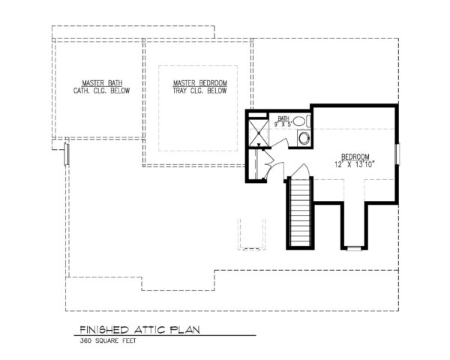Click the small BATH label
[x=283, y=118]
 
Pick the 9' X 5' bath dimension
[x=283, y=124]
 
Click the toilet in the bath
[x=303, y=138]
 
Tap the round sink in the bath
[x=298, y=121]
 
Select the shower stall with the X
[x=259, y=133]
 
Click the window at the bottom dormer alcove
[x=354, y=247]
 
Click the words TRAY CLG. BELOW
[x=199, y=90]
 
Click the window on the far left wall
[x=67, y=153]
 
